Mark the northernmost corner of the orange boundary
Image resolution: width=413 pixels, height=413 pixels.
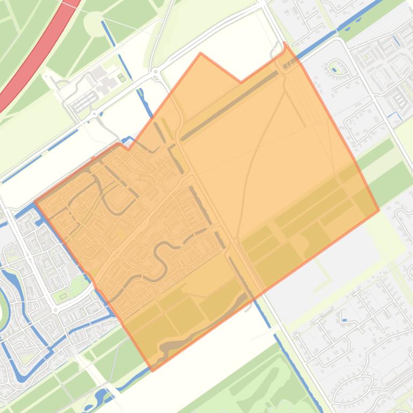coord(284,43)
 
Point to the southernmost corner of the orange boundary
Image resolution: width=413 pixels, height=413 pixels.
coord(153,370)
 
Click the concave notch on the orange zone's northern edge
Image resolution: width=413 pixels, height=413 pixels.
coord(241,82)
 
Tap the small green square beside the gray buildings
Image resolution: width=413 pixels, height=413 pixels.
coord(122,78)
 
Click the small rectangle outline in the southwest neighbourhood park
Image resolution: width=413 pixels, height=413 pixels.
coord(63,295)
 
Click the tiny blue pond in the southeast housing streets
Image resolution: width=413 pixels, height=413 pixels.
coord(344,321)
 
